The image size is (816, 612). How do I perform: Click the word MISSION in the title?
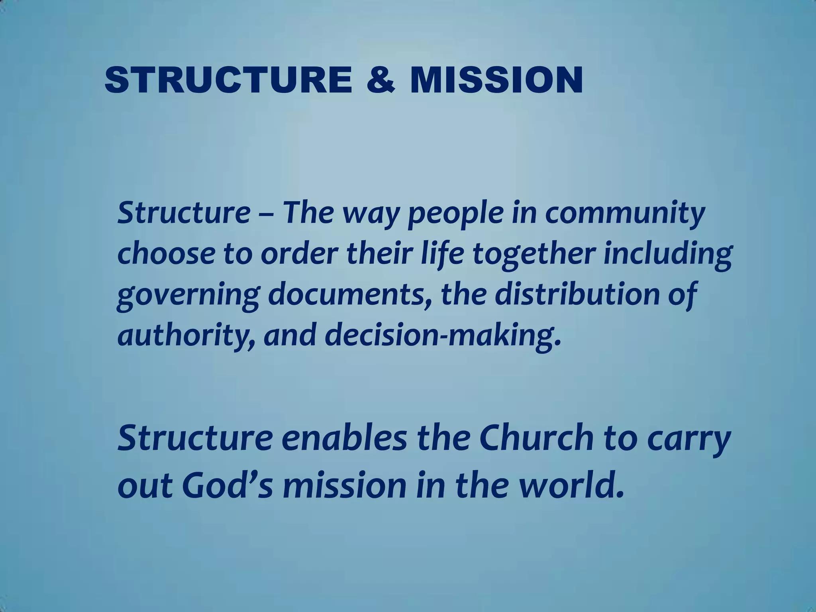pos(496,80)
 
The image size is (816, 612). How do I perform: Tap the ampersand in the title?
pos(380,80)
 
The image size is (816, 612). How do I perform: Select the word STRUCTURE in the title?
pos(228,80)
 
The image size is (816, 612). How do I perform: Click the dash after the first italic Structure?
pos(266,214)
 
